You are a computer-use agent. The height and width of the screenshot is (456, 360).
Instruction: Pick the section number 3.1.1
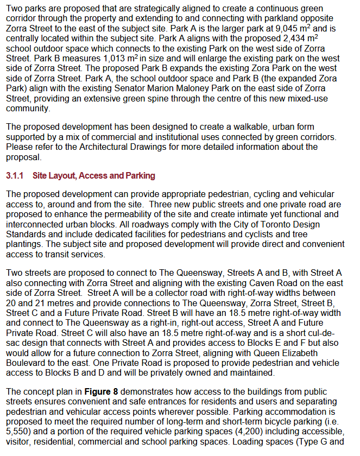click(x=16, y=176)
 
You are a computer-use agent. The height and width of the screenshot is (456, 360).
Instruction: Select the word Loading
click(x=254, y=441)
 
